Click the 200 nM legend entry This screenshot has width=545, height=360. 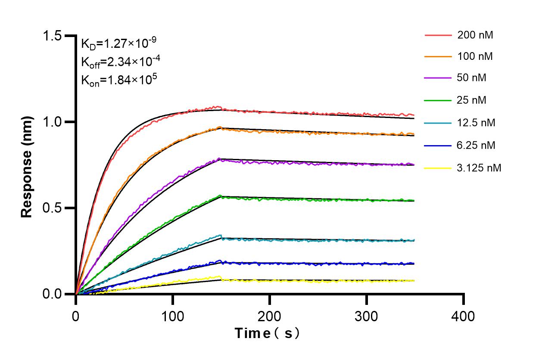coord(475,35)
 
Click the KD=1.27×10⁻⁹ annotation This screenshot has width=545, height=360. coord(119,43)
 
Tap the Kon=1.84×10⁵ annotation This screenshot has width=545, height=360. coord(115,80)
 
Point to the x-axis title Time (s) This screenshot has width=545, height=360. coord(267,333)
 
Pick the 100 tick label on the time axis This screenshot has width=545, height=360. coord(173,317)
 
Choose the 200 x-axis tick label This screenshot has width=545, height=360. coord(270,317)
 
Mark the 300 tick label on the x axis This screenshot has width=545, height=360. coord(367,317)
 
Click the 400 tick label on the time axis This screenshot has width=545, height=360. coord(464,317)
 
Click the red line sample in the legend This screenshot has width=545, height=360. coord(438,35)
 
